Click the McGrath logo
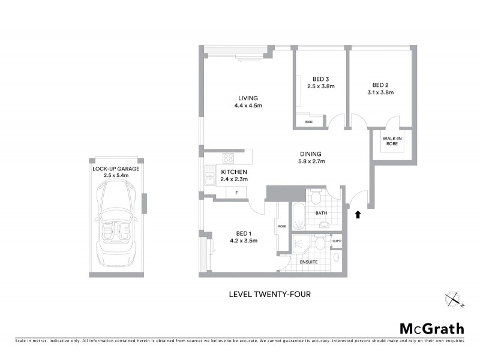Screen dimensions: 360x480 [x=431, y=328]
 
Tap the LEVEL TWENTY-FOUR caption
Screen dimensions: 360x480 [x=269, y=294]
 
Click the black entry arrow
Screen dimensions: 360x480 [x=358, y=214]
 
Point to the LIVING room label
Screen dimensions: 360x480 [x=247, y=98]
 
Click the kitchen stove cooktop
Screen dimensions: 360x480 [x=229, y=159]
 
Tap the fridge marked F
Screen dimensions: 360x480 [x=237, y=193]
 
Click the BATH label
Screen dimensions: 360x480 [x=320, y=212]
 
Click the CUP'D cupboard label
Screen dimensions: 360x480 [x=337, y=241]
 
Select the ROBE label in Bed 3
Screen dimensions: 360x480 [x=308, y=122]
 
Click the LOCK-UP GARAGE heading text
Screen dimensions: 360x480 [x=116, y=169]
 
